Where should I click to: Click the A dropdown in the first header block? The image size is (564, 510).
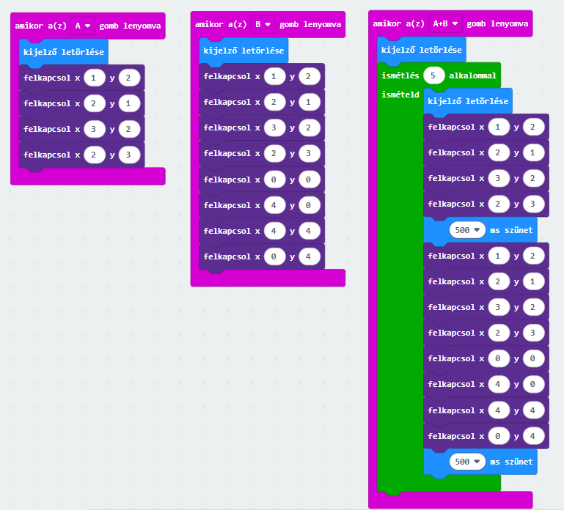(x=83, y=26)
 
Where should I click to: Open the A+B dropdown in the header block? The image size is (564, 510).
(x=445, y=23)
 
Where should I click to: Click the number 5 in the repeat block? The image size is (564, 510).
(x=434, y=75)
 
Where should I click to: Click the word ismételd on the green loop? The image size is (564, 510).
(x=400, y=95)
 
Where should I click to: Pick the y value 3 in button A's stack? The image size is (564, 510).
(x=128, y=155)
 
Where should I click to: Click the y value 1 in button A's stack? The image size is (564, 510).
(x=128, y=103)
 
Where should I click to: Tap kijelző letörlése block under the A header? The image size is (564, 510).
(x=63, y=52)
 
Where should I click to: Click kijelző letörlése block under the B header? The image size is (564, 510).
(x=243, y=51)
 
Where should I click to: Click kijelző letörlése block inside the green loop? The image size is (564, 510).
(x=467, y=101)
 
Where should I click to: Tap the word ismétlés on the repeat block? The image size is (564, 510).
(x=400, y=75)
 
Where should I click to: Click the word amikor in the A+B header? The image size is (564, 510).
(x=387, y=23)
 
